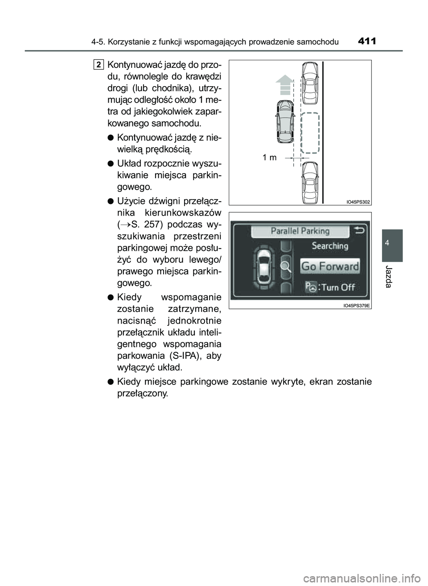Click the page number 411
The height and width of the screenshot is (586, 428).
tap(366, 42)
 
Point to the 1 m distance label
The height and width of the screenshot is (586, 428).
tap(269, 157)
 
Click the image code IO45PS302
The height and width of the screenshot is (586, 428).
tap(358, 202)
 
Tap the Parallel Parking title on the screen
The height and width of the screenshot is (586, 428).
tap(300, 231)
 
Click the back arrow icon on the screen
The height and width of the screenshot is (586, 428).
tap(360, 231)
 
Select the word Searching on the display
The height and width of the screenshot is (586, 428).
tap(330, 246)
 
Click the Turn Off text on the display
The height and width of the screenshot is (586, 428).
tap(338, 287)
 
